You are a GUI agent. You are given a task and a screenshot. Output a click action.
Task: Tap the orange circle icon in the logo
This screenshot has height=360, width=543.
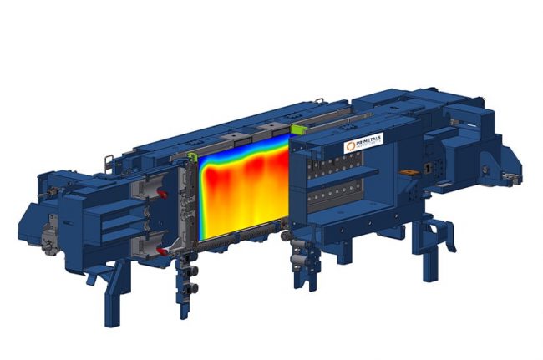click(x=351, y=147)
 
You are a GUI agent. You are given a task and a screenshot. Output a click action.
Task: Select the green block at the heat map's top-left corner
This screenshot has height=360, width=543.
click(x=192, y=156)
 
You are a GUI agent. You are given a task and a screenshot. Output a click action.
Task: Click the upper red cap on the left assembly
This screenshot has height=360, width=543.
click(x=161, y=194)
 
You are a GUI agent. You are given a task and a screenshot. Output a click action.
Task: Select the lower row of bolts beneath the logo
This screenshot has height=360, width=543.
click(x=338, y=197)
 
